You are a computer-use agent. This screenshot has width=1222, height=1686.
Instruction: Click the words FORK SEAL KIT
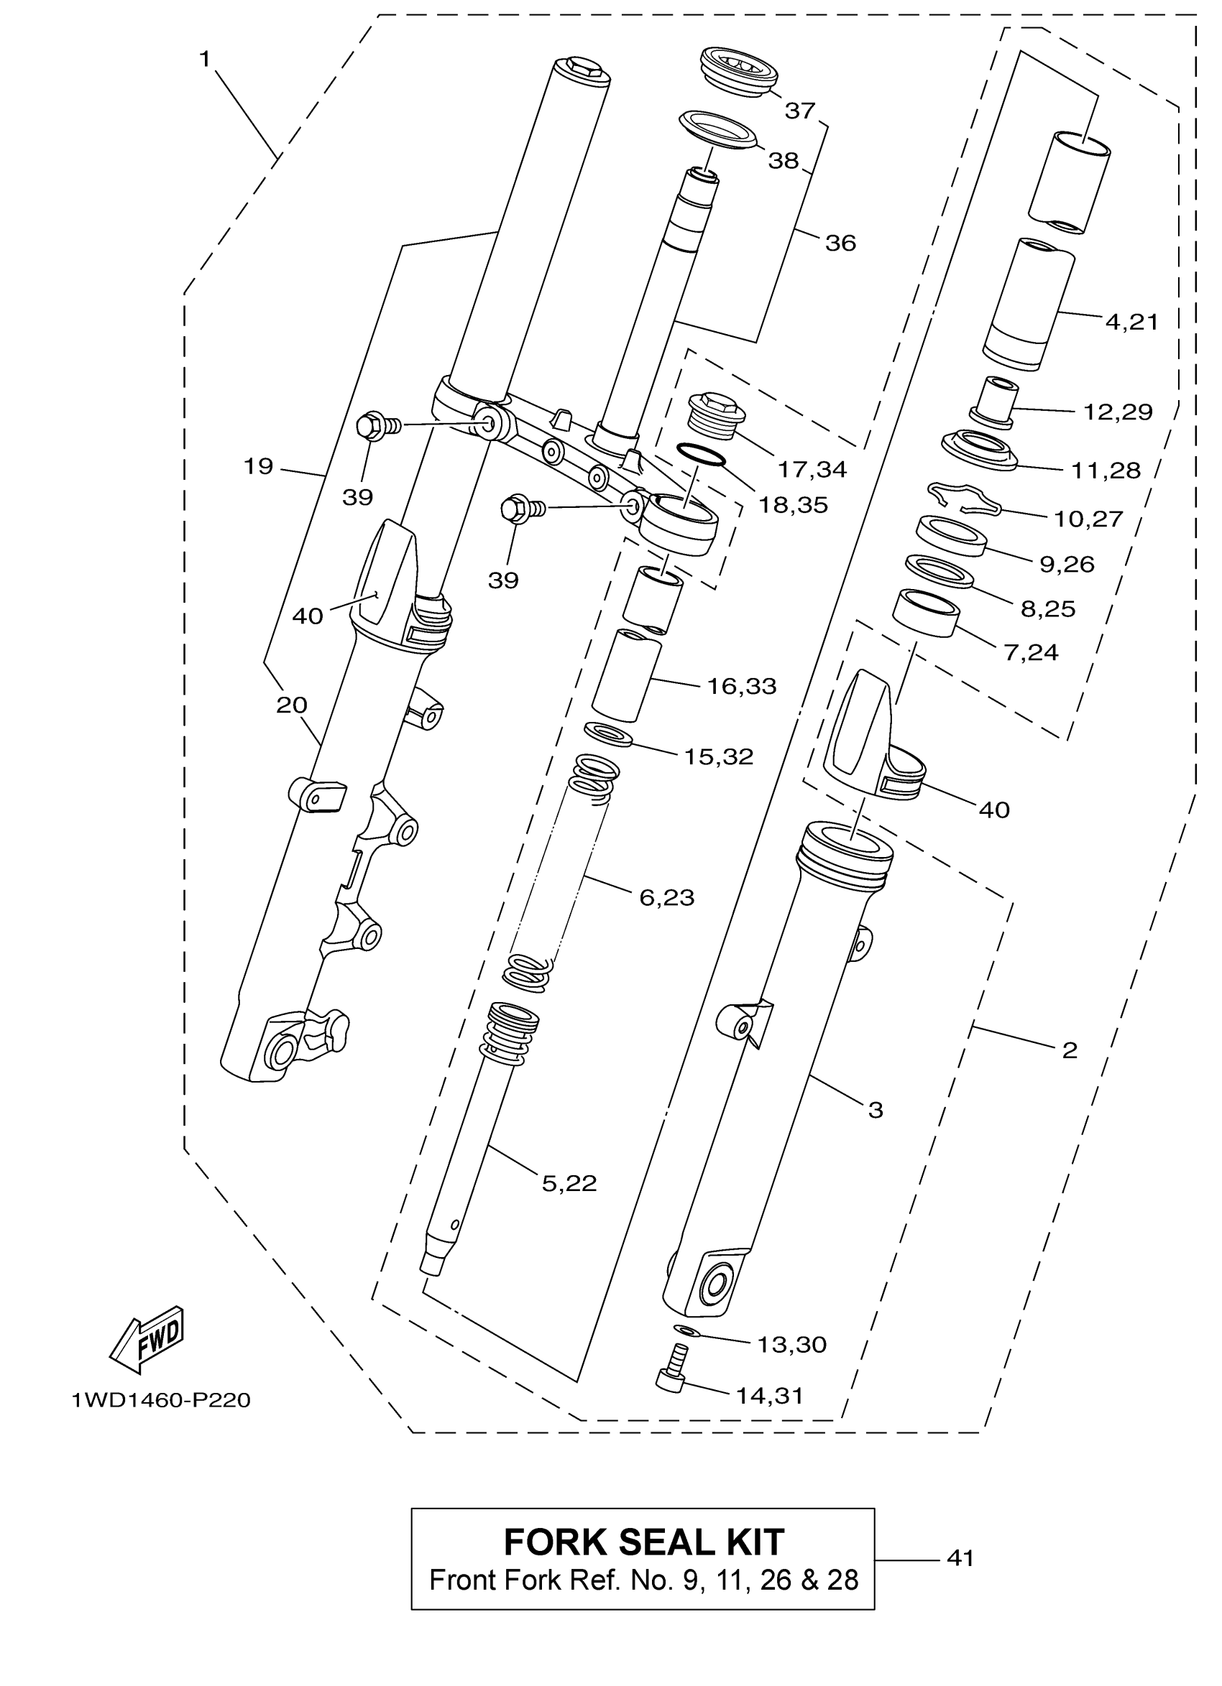pos(643,1542)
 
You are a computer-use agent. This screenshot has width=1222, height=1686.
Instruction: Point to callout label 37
pos(800,111)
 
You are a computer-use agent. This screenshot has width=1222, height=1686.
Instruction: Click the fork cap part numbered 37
pos(738,70)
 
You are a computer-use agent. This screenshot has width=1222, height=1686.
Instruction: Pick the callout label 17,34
pos(812,469)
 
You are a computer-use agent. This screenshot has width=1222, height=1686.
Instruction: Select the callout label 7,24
pos(1031,652)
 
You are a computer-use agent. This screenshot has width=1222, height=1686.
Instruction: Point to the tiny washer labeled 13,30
pos(685,1328)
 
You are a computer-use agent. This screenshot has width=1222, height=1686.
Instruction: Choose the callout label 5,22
pos(569,1182)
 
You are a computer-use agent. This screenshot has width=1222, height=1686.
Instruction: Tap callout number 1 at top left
pos(206,60)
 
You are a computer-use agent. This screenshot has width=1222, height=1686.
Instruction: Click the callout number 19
pos(258,466)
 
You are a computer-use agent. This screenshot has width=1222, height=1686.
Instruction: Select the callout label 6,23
pos(666,897)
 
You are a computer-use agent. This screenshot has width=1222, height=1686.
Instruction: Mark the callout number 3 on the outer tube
pos(876,1110)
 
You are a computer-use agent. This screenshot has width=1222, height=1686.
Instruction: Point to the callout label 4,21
pos(1131,322)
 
